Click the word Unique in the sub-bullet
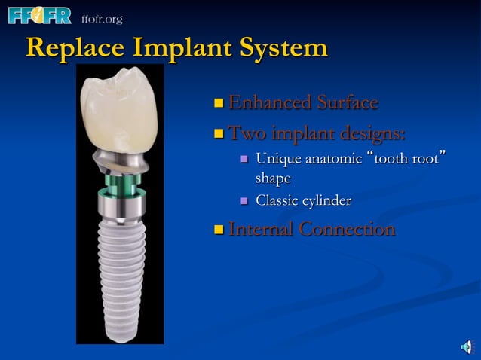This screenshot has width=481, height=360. click(x=277, y=160)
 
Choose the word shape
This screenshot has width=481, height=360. click(x=273, y=178)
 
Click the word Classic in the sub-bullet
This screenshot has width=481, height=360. click(x=278, y=200)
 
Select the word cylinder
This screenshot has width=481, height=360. click(x=326, y=201)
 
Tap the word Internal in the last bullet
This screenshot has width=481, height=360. click(x=260, y=229)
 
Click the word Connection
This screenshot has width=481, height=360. click(x=346, y=229)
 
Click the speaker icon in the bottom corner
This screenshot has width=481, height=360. click(x=466, y=347)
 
